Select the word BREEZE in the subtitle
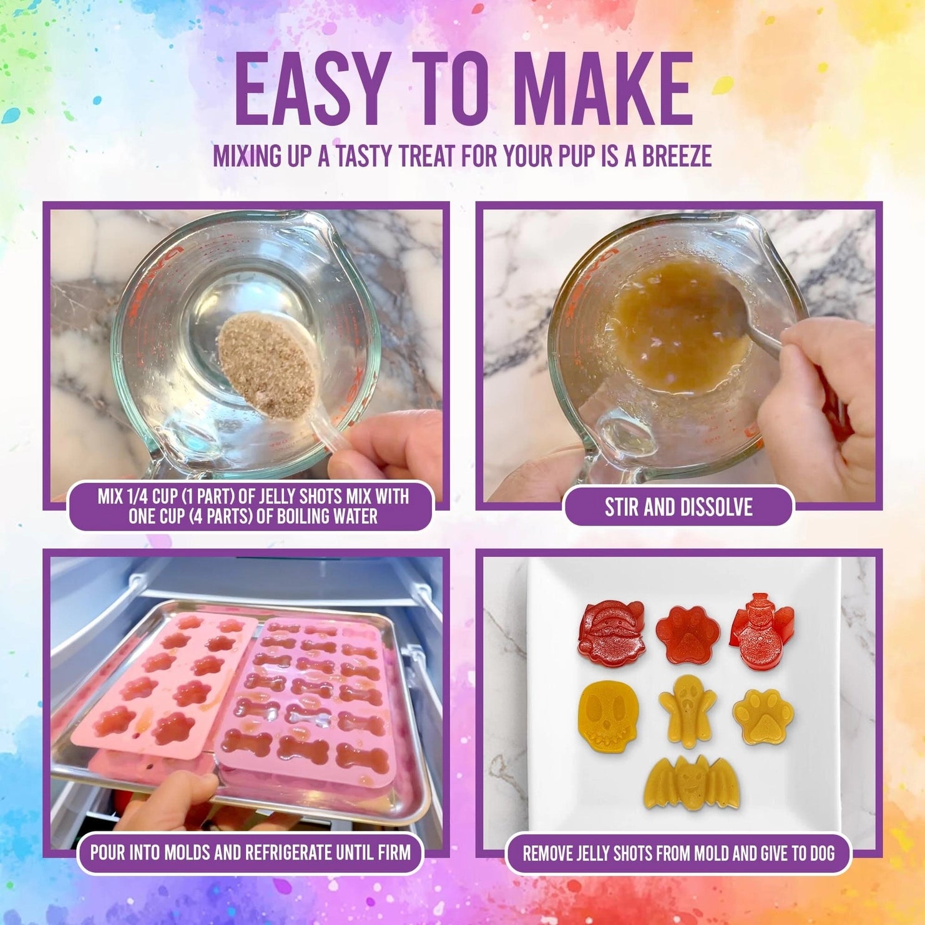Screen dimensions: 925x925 (677, 156)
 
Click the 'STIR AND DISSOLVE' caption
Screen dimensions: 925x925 (678, 507)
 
